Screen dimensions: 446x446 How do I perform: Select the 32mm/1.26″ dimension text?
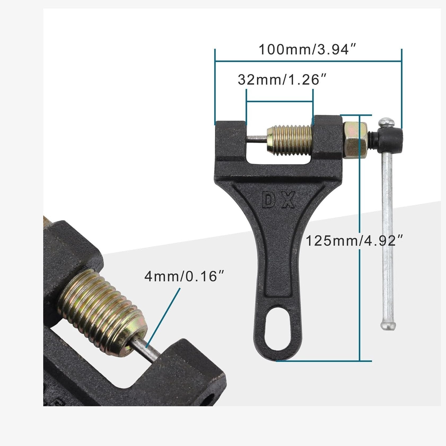[x=282, y=80]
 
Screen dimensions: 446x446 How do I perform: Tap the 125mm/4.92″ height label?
[x=355, y=241]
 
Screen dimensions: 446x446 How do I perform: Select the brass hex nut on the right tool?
[x=355, y=140]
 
